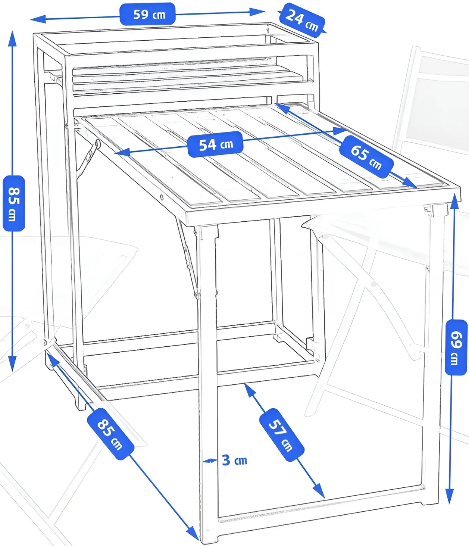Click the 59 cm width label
(148, 14)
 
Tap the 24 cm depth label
(302, 20)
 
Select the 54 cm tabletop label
(215, 144)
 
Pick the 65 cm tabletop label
(366, 157)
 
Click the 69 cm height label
(456, 347)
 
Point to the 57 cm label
(281, 435)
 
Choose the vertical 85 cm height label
(14, 204)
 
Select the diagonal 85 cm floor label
(111, 434)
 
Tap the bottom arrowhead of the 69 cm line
(450, 496)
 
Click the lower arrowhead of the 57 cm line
(319, 491)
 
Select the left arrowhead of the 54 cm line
(122, 152)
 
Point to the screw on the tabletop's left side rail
(162, 197)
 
